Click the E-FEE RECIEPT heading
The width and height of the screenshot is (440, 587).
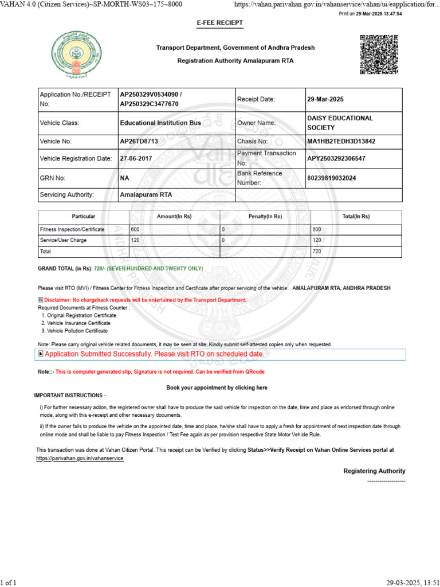coord(220,23)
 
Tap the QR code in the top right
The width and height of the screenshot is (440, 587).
coord(379,54)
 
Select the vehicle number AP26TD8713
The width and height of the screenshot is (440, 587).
coord(139,141)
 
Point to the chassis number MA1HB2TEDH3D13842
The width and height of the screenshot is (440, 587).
coord(341,141)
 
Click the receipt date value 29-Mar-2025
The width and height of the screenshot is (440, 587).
coord(325,99)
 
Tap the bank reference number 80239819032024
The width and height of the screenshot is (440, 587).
coord(332,178)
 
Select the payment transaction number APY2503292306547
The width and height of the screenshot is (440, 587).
coord(336,158)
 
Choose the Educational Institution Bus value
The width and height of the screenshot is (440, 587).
coord(160,123)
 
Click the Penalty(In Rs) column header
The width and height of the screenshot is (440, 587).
coord(265,217)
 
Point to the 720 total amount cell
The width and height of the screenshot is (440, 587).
coord(316,252)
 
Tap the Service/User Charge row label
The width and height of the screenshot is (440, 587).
coord(63,240)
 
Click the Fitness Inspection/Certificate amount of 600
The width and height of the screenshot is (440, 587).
coord(135,229)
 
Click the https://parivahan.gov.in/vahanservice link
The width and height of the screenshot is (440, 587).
coord(80,459)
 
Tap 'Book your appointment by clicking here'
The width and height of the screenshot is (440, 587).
coord(217,388)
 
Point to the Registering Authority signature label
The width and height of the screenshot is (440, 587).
coord(374,471)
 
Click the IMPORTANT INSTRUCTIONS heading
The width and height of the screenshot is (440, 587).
coord(70,396)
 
